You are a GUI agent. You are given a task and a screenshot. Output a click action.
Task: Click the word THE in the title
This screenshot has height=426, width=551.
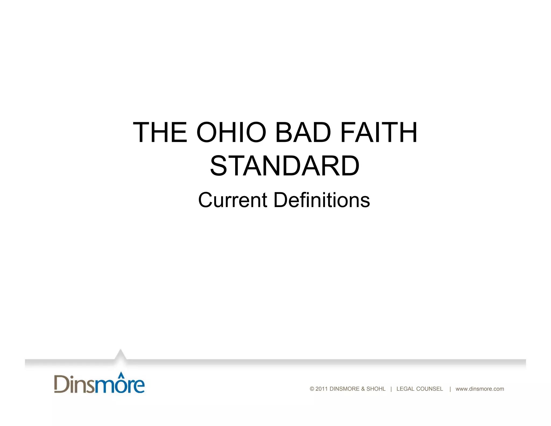[x=160, y=132]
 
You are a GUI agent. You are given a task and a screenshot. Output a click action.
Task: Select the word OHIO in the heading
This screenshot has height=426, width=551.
[x=231, y=132]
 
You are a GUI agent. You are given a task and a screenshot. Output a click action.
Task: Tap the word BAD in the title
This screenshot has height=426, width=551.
[x=303, y=132]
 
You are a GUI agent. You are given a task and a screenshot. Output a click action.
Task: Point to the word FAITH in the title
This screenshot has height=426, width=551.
[x=379, y=132]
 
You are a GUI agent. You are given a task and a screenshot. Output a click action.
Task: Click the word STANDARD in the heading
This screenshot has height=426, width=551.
[x=284, y=166]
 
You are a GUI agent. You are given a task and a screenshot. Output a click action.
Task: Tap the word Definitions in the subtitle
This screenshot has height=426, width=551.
[x=322, y=200]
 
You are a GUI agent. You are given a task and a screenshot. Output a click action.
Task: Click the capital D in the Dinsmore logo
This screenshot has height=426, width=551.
[x=61, y=384]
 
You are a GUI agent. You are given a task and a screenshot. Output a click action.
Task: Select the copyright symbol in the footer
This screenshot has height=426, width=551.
[x=312, y=389]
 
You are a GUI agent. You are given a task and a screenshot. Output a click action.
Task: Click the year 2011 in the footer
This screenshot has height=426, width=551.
[x=322, y=389]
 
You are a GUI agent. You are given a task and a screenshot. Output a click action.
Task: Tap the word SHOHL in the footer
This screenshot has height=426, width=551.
[x=376, y=389]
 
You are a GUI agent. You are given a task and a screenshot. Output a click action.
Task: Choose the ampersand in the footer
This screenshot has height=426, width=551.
[x=363, y=389]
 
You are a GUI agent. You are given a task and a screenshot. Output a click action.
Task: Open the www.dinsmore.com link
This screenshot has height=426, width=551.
[x=480, y=389]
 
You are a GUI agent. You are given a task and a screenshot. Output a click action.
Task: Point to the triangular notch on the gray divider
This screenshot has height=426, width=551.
[x=120, y=355]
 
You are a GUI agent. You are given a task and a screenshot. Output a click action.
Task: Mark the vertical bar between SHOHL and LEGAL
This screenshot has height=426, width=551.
[x=391, y=389]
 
